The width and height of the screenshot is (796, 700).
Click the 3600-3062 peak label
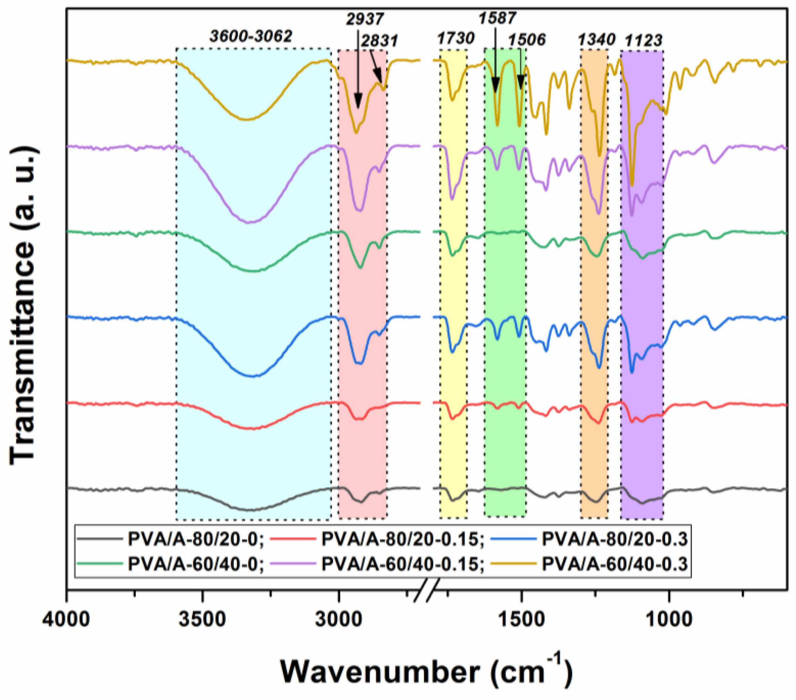click(251, 36)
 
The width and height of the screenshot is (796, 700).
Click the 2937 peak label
click(365, 19)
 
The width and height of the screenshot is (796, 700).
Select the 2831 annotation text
click(379, 40)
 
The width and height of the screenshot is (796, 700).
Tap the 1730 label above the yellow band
click(456, 38)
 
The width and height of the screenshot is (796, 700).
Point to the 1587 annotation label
click(497, 18)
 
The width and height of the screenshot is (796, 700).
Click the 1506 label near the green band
click(527, 39)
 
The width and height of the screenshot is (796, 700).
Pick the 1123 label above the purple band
click(643, 40)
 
